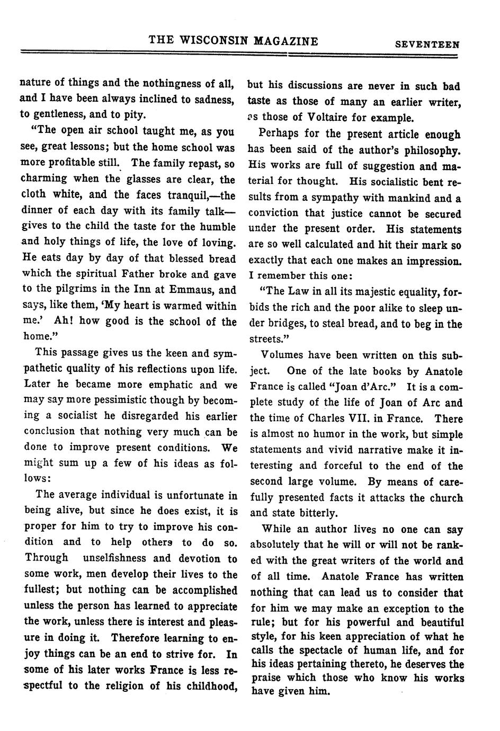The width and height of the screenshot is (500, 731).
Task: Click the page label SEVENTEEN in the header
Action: pyautogui.click(x=427, y=45)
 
